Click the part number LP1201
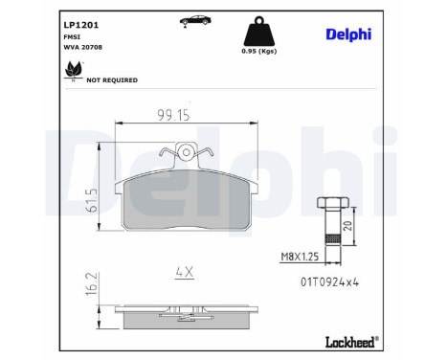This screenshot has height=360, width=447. [x=81, y=25]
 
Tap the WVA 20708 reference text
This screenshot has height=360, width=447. [x=83, y=47]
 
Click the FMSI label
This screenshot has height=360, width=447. [x=72, y=37]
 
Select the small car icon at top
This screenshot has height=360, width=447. [x=195, y=20]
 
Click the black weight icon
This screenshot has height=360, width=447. [x=259, y=32]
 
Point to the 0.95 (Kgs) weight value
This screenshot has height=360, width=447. [x=259, y=51]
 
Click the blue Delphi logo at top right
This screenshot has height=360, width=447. [x=348, y=34]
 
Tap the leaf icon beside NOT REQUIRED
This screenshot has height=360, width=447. [x=74, y=70]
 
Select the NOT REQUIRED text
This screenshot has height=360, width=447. [x=112, y=80]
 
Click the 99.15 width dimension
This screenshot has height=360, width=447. [x=174, y=115]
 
